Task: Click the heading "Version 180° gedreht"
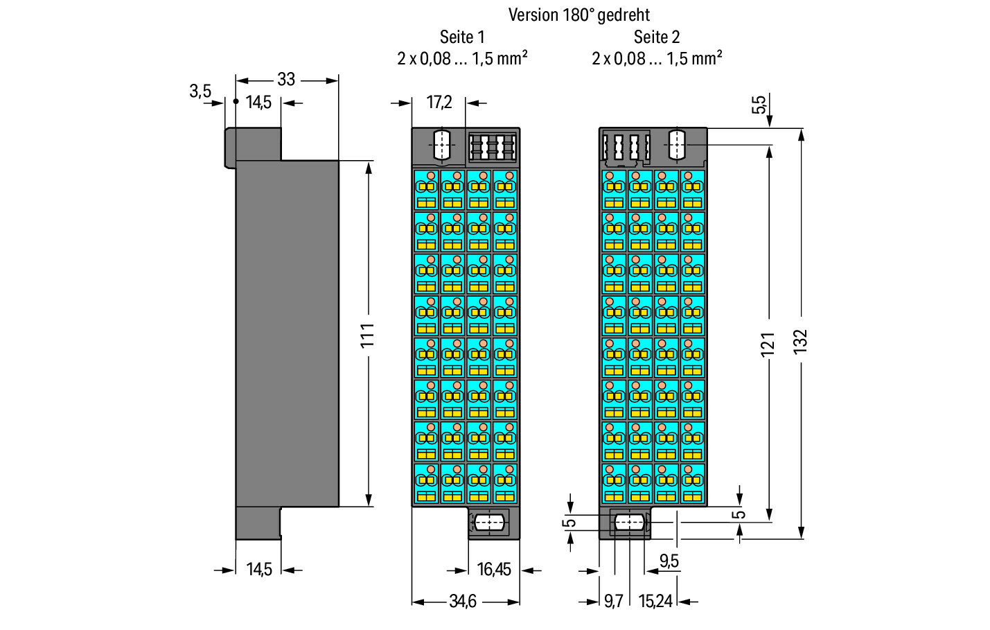pos(579,15)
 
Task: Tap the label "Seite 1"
pos(462,37)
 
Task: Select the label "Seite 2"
pos(657,37)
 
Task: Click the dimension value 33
pos(286,80)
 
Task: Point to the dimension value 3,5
pos(200,91)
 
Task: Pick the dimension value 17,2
pos(439,103)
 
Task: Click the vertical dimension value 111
pos(367,335)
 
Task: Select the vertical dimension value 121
pos(768,344)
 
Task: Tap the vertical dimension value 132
pos(800,342)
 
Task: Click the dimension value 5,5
pos(759,105)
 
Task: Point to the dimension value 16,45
pos(494,570)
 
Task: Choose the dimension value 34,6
pos(463,602)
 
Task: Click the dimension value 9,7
pos(613,602)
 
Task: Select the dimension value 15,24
pos(655,602)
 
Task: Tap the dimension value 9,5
pos(669,561)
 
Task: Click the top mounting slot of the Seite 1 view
pos(442,145)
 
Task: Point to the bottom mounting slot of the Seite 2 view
pos(629,523)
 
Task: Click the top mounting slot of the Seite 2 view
pos(677,145)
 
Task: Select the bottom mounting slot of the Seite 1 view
pos(489,523)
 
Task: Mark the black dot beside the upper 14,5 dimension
pos(236,101)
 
